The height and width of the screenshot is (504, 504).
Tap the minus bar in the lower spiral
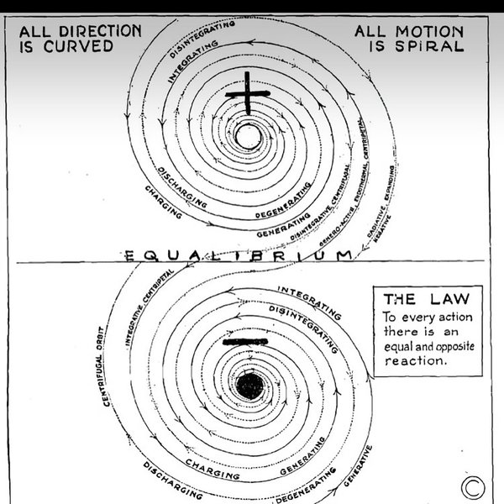pyautogui.click(x=246, y=343)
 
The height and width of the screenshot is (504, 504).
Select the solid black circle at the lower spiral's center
pyautogui.click(x=249, y=385)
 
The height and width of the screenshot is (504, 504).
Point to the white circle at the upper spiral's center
pyautogui.click(x=248, y=135)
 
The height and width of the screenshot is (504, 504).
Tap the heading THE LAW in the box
pyautogui.click(x=423, y=300)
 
